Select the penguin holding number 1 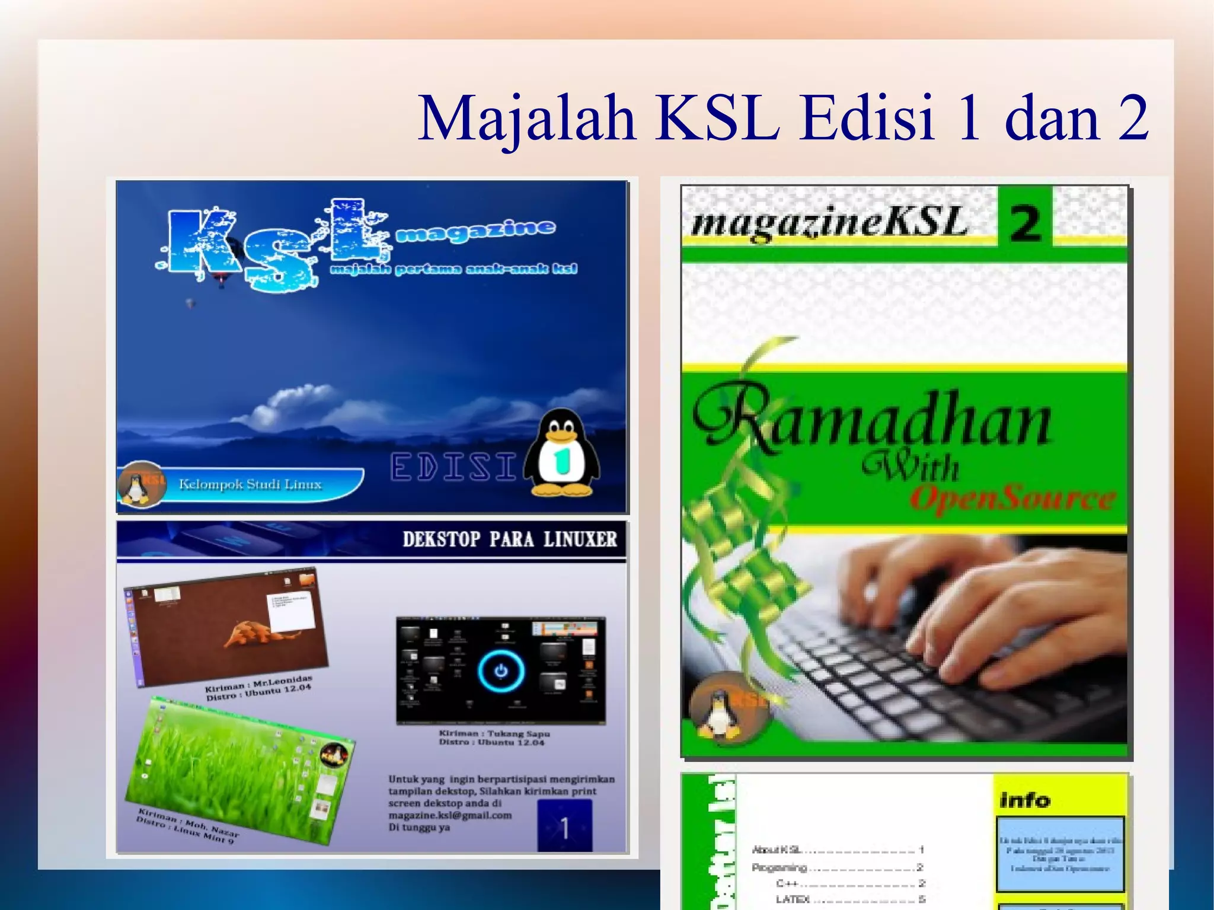click(561, 453)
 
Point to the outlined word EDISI click(453, 467)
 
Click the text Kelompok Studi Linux click(250, 484)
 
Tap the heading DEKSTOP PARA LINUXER click(509, 539)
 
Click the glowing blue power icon click(501, 670)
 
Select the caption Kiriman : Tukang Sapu click(494, 733)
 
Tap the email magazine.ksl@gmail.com click(450, 815)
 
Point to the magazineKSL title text click(829, 223)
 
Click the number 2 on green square click(1024, 223)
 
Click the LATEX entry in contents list click(793, 899)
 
